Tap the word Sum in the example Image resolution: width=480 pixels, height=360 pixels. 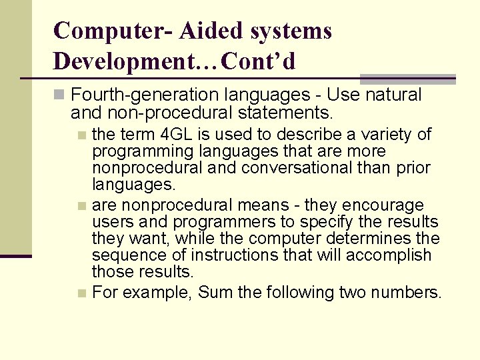coord(213,293)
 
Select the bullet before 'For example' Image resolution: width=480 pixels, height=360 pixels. coord(81,293)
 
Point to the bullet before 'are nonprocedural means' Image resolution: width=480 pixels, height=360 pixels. coord(81,205)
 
